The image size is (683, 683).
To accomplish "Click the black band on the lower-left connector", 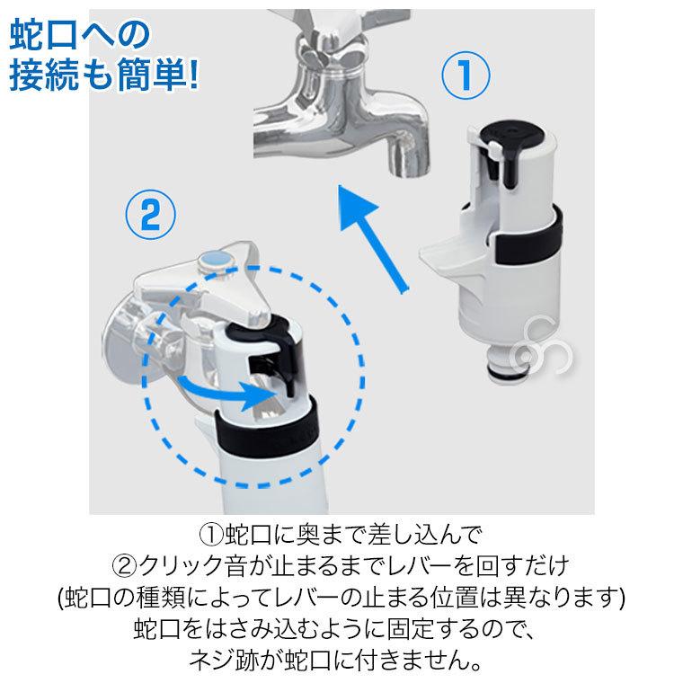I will [x=270, y=431].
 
